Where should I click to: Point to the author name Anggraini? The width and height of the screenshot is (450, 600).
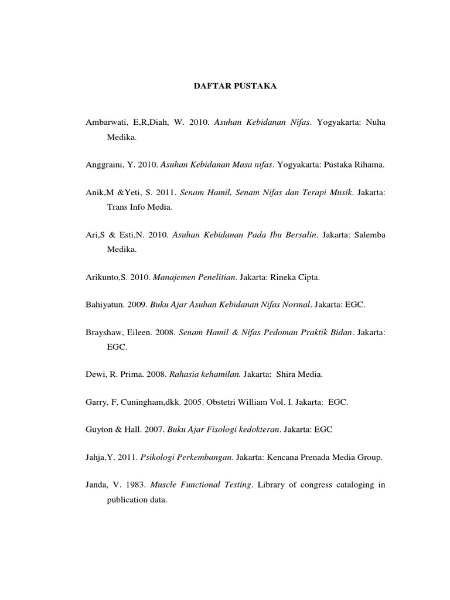[x=103, y=165]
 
